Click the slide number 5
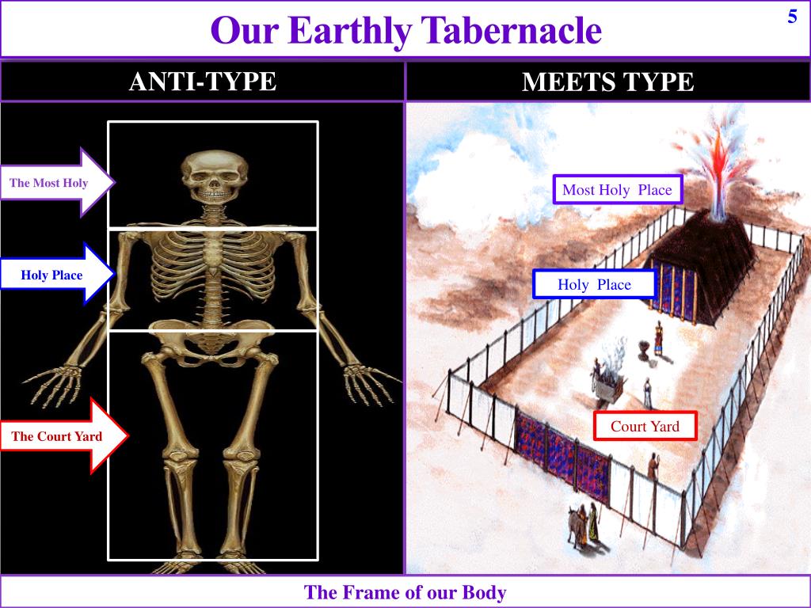click(792, 17)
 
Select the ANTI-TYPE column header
click(203, 82)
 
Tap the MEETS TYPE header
click(607, 82)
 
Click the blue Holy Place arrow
click(57, 275)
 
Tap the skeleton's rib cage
click(210, 269)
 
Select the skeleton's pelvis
click(211, 348)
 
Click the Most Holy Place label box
click(616, 190)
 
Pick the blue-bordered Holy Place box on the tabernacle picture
click(594, 284)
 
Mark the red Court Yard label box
click(645, 426)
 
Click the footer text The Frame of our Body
click(405, 592)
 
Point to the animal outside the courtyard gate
click(573, 525)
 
